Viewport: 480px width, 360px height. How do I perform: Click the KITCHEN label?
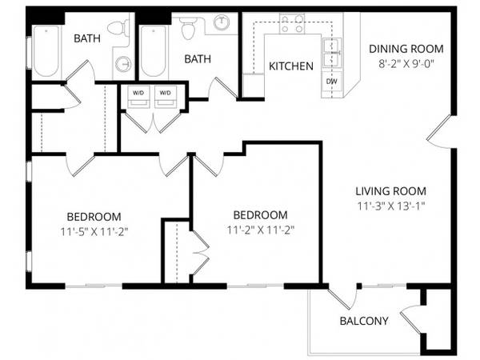(x=291, y=66)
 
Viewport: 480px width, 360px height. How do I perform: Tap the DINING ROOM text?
(x=406, y=49)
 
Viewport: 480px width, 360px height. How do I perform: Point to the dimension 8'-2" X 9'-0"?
(x=406, y=64)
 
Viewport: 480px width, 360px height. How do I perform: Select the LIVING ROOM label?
(x=391, y=191)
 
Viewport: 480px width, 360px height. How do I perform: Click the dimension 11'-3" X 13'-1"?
(x=391, y=206)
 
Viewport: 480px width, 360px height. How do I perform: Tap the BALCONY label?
(x=364, y=321)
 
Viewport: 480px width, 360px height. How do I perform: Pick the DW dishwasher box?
(x=331, y=82)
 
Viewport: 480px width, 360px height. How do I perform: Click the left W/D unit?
(x=138, y=97)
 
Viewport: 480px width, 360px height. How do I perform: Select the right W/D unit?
(x=166, y=97)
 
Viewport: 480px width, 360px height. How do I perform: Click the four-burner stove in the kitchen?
(x=292, y=23)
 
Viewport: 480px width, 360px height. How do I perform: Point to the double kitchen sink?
(x=332, y=53)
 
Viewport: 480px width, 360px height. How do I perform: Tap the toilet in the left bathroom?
(x=118, y=28)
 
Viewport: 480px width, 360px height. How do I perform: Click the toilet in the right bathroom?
(x=188, y=27)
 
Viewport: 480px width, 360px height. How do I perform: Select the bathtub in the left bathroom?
(x=46, y=51)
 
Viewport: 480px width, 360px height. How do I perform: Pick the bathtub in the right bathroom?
(x=154, y=51)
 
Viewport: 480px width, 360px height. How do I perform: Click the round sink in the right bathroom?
(x=221, y=22)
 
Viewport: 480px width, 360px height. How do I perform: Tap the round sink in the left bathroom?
(x=123, y=64)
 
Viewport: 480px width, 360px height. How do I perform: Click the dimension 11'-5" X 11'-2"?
(x=94, y=232)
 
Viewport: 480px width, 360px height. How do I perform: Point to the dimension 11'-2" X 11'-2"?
(x=261, y=230)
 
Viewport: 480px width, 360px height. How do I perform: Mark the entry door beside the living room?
(x=438, y=132)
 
